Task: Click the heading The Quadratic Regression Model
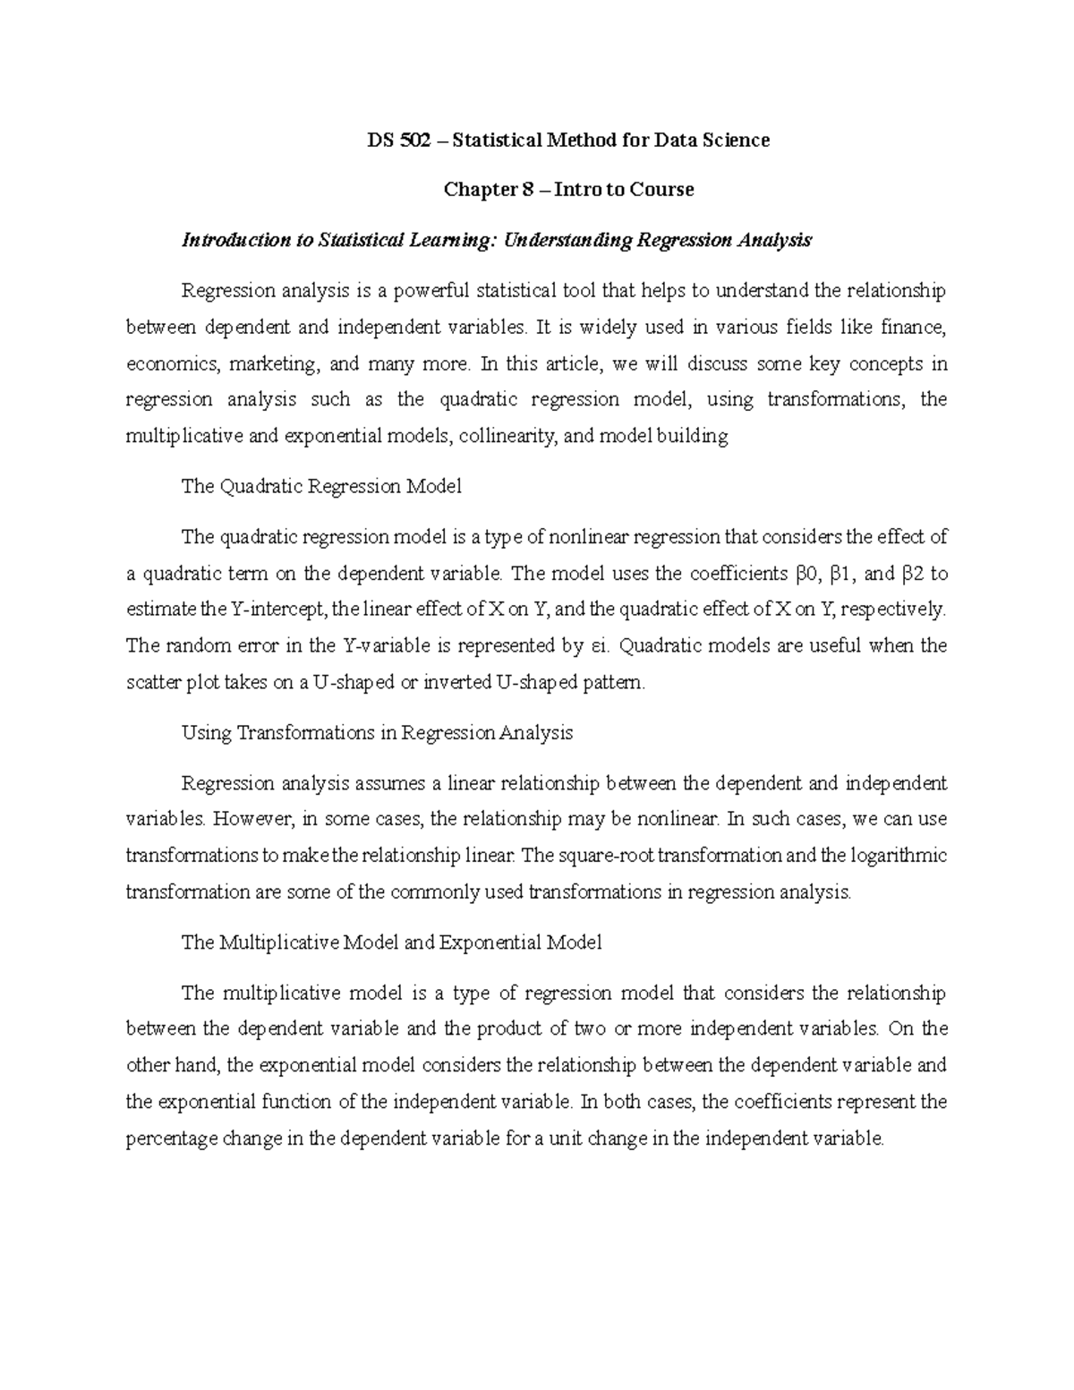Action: [x=321, y=487]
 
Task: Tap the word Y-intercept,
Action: [x=280, y=610]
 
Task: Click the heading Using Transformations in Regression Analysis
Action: [x=377, y=732]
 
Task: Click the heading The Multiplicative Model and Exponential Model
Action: [x=391, y=942]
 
